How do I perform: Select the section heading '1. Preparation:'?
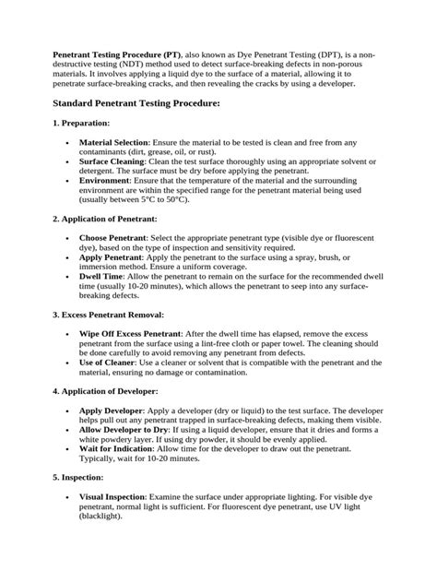pos(81,123)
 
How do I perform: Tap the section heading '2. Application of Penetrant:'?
pos(104,219)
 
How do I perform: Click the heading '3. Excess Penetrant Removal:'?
pos(107,315)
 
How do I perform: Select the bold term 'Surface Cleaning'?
pos(112,161)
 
